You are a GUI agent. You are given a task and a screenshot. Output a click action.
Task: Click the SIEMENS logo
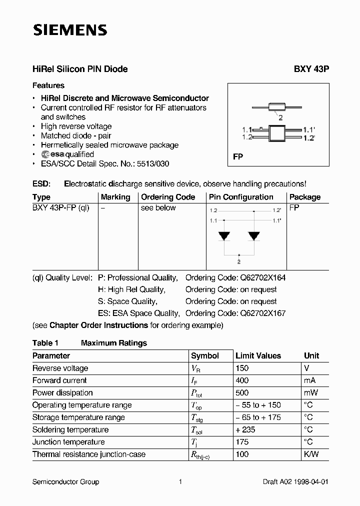70,30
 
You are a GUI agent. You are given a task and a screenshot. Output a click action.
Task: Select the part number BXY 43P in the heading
308,69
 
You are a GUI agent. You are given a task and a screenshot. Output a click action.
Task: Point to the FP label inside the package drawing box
238,156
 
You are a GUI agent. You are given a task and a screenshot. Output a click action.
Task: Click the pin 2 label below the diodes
239,261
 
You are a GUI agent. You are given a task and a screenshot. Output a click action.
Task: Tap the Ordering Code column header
168,197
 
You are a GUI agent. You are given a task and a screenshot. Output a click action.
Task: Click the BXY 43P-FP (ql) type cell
61,208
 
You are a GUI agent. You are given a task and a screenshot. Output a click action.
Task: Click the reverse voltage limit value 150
242,368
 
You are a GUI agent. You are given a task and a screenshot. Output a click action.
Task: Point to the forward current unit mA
310,380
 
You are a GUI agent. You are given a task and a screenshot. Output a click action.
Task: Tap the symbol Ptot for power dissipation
196,393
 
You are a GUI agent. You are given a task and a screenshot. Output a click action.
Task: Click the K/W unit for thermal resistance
311,454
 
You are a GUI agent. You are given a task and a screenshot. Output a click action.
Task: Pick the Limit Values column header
258,356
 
